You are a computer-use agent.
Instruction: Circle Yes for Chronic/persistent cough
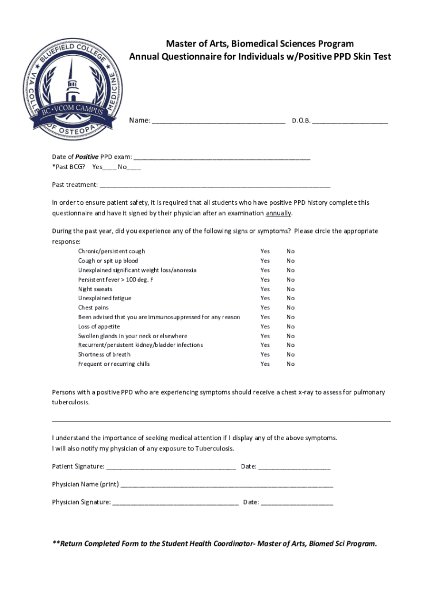(265, 251)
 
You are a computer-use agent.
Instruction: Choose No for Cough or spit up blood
(291, 261)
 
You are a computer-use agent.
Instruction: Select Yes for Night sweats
(265, 289)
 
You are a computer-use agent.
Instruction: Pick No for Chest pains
(291, 308)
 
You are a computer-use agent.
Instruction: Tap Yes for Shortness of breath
(265, 355)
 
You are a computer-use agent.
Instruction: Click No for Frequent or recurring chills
(291, 364)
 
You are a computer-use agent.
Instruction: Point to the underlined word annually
(278, 213)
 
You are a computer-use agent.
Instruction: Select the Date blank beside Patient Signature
(295, 466)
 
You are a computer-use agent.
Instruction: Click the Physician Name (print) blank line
(227, 484)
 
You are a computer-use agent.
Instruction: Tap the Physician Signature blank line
(175, 503)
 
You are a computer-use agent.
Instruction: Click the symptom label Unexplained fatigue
(105, 299)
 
